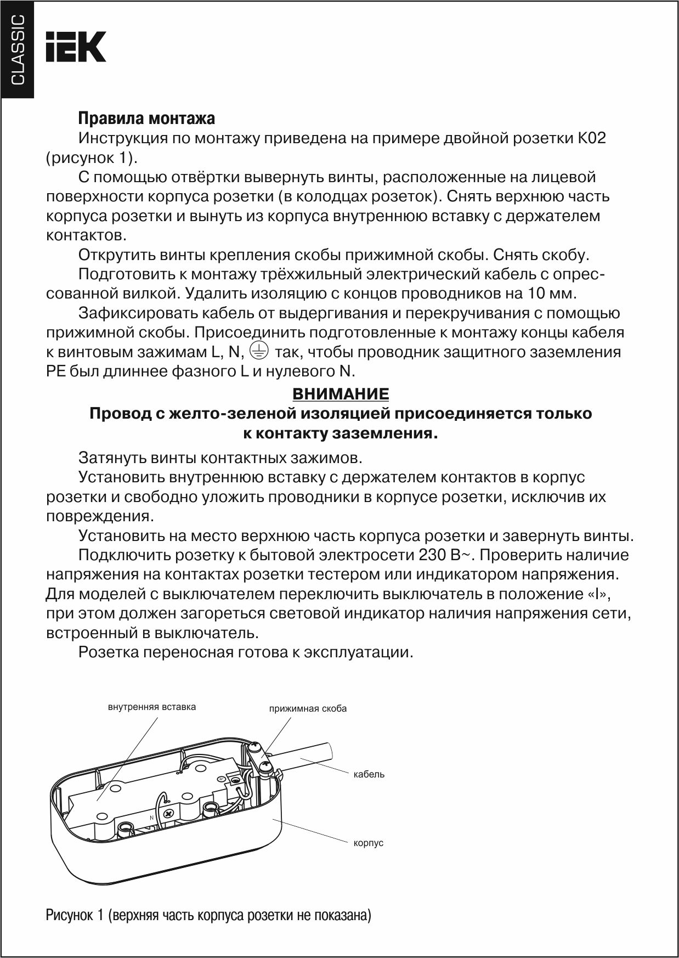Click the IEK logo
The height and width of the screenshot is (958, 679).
(76, 47)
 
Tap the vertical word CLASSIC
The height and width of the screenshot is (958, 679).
(18, 50)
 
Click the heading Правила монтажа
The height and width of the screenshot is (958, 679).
(146, 119)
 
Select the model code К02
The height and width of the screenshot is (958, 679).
(591, 138)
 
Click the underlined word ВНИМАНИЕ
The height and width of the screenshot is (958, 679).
(341, 394)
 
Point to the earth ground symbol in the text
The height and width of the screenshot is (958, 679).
(259, 350)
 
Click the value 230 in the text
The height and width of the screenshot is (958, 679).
(432, 555)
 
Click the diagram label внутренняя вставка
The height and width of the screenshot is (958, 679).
(152, 707)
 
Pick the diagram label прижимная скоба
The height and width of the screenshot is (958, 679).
(308, 708)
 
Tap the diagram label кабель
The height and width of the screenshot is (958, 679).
(369, 774)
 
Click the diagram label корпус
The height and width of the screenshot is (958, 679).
(369, 843)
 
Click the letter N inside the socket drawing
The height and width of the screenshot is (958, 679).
(152, 818)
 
